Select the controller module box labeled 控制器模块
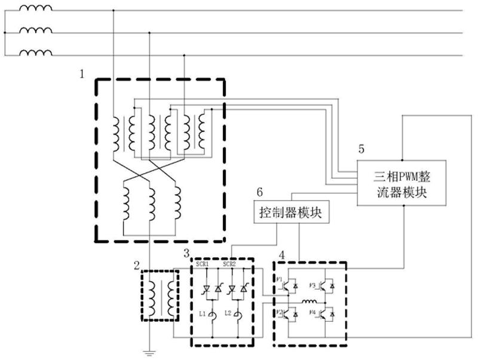[290, 213]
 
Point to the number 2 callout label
[136, 265]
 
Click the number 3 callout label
[187, 253]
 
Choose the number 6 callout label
[259, 193]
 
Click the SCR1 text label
[202, 264]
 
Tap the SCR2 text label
[230, 264]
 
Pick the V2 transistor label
[277, 313]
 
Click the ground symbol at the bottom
[149, 352]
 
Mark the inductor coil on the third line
[35, 53]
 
